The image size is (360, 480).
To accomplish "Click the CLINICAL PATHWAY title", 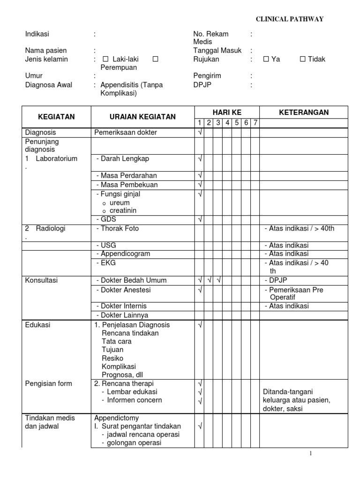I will pyautogui.click(x=289, y=19).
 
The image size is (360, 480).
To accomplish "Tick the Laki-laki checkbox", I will pyautogui.click(x=105, y=59).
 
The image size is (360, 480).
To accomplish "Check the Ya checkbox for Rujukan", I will pyautogui.click(x=266, y=59).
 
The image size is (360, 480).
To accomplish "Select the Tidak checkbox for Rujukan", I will pyautogui.click(x=303, y=59).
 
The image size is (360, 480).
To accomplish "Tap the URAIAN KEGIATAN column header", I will pyautogui.click(x=142, y=117).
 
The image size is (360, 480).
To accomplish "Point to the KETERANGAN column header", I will pyautogui.click(x=304, y=112).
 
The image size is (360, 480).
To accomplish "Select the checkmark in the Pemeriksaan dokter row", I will pyautogui.click(x=200, y=133).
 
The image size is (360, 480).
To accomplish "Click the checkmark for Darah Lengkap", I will pyautogui.click(x=200, y=159).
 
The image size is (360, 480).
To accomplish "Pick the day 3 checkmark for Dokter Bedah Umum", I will pyautogui.click(x=218, y=280).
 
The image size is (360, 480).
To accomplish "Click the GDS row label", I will pyautogui.click(x=107, y=219).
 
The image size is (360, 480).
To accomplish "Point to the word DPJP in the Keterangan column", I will pyautogui.click(x=277, y=280).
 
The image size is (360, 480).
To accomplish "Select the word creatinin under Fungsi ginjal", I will pyautogui.click(x=123, y=210).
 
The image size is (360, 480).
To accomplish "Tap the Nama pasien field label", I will pyautogui.click(x=46, y=51).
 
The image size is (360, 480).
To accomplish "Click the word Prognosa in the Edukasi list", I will pyautogui.click(x=115, y=375).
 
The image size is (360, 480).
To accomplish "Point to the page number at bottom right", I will pyautogui.click(x=310, y=454).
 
